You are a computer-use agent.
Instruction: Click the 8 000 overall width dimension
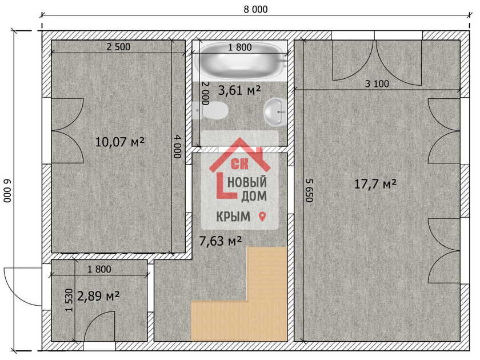pos(255,10)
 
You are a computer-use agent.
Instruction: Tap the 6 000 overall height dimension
pos(7,190)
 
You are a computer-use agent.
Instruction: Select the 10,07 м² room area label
pos(119,142)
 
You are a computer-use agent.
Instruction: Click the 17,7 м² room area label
pos(375,184)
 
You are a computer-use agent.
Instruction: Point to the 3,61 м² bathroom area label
pos(239,90)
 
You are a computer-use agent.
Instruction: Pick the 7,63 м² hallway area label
pos(221,241)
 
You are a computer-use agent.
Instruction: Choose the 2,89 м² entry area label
pos(98,296)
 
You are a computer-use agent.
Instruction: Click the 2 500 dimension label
pos(118,47)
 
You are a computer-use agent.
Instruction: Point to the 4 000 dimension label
pos(177,147)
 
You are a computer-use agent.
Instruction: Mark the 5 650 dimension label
pos(309,190)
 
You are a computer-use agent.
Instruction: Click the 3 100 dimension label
pos(377,83)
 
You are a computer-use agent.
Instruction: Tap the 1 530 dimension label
pos(70,300)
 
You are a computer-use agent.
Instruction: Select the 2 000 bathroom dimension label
pos(205,93)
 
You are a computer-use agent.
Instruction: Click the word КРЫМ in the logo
pos(233,217)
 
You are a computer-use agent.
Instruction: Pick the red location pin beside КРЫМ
pos(262,217)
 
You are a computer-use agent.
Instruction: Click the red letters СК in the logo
pos(240,164)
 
